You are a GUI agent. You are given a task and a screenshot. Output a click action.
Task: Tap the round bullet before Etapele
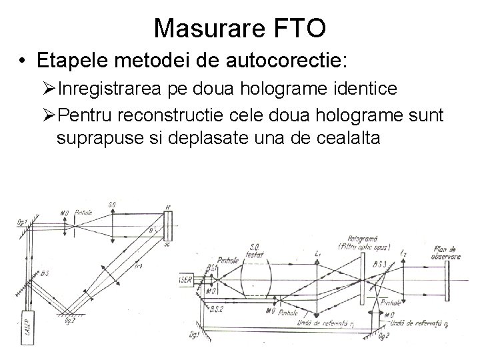(x=23, y=61)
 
